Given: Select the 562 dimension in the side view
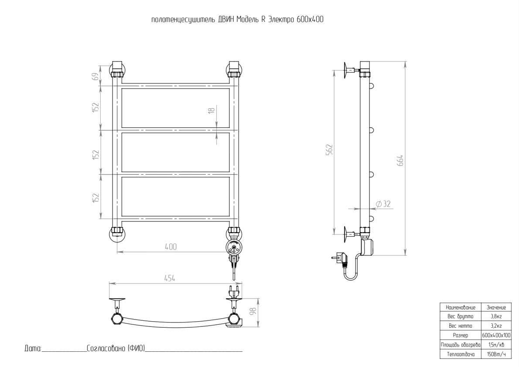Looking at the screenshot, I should click(x=330, y=150).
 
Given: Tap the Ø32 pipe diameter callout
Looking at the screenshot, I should click(x=383, y=204).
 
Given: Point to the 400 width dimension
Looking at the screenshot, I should click(x=171, y=247).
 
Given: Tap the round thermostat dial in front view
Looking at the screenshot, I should click(x=234, y=248).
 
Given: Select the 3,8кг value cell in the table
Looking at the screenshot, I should click(x=496, y=316).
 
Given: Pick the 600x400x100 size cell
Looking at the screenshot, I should click(x=496, y=335).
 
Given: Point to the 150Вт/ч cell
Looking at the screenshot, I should click(x=496, y=354).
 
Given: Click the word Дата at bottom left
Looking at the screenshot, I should click(x=32, y=349).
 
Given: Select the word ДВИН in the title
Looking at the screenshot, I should click(x=225, y=20).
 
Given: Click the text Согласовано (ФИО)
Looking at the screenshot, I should click(x=116, y=349).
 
